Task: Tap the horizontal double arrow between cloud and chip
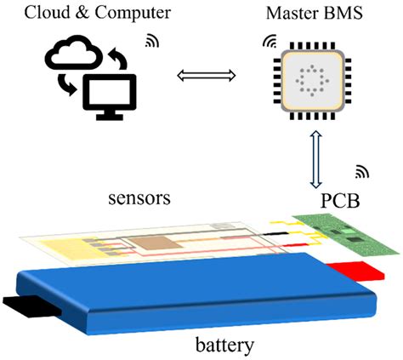205,77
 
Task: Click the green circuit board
347,231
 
